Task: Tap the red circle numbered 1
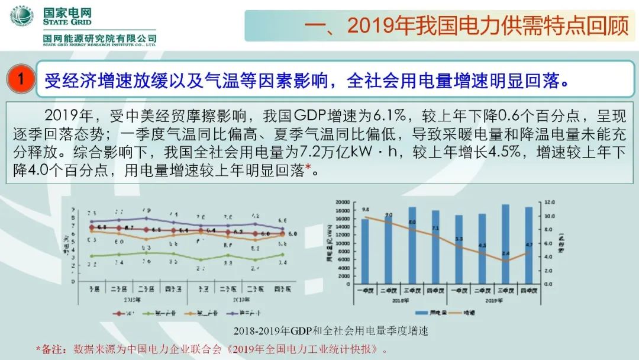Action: pos(21,79)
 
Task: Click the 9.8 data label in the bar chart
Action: pos(366,210)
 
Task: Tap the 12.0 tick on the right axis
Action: pos(548,202)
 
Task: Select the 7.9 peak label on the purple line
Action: pos(147,210)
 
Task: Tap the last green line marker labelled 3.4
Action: pos(283,255)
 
